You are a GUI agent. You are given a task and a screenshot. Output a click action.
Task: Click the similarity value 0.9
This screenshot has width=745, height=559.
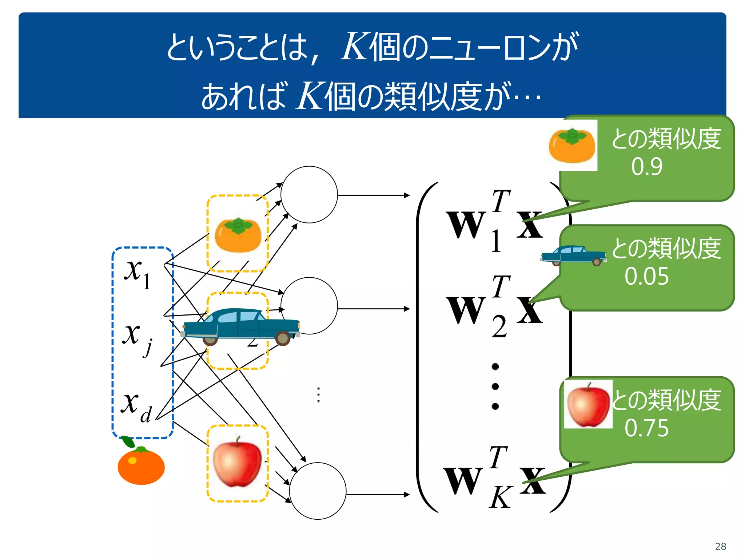coord(646,167)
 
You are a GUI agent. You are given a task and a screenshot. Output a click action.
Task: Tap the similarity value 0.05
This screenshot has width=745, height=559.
coord(646,276)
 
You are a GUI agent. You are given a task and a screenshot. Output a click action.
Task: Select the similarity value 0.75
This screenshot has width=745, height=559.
coord(646,428)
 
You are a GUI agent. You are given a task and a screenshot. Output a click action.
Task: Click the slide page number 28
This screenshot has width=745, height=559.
coord(720,546)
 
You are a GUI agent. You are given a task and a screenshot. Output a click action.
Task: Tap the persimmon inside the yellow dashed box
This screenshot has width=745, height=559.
coord(238,235)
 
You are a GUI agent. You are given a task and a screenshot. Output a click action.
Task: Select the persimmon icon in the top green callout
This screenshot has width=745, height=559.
coord(572,145)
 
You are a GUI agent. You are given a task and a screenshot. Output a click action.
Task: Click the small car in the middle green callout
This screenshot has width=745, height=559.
coord(573,255)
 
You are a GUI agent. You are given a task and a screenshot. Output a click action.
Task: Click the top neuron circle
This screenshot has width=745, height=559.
coord(309,195)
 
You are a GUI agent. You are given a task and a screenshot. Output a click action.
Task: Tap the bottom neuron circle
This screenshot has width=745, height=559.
coord(318,491)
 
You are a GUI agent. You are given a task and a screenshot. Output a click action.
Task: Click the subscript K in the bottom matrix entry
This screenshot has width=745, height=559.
coord(500,498)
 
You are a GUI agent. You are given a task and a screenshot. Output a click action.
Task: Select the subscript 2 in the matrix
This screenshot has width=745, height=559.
coord(499,327)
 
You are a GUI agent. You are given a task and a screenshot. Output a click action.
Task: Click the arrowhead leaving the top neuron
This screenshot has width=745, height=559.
coord(407,195)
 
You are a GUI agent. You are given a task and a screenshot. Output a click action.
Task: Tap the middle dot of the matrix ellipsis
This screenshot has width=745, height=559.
coord(495,386)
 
